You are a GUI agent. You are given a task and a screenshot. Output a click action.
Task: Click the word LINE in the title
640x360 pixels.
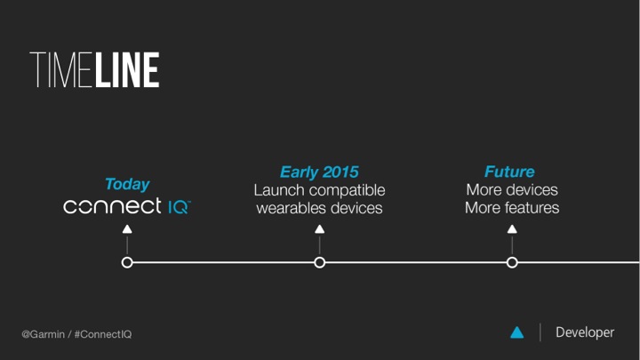(127, 70)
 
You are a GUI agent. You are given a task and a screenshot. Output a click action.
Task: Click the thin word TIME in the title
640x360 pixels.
(60, 70)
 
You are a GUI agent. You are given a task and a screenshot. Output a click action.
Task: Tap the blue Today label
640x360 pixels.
(127, 184)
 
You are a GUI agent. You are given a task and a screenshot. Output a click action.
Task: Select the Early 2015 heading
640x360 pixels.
(319, 172)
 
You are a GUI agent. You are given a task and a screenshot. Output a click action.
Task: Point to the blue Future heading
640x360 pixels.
(509, 172)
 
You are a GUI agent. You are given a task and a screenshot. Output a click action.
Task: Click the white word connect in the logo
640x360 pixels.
(112, 205)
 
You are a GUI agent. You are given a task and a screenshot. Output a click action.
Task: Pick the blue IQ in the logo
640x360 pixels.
(179, 206)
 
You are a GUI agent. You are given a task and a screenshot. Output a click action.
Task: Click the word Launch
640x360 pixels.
(279, 190)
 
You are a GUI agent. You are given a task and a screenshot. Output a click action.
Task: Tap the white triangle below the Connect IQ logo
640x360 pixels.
(127, 229)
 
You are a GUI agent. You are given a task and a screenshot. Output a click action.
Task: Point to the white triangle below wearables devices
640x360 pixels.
(320, 229)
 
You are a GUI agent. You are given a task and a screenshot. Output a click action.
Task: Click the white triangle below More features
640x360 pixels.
(512, 229)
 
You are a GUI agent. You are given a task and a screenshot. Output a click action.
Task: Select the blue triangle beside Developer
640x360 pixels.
(517, 333)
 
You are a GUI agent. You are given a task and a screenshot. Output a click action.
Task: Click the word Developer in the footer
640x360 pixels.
(585, 332)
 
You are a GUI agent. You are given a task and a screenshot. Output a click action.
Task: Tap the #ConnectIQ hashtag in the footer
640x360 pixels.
(103, 334)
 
